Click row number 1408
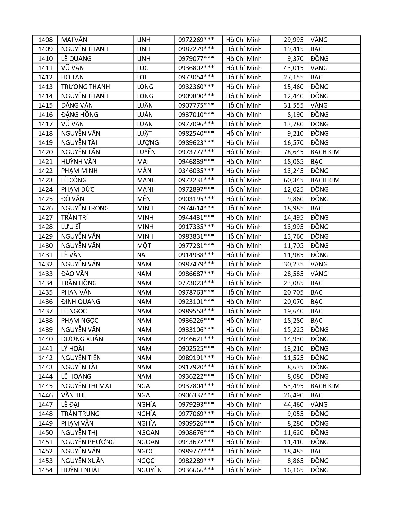pos(45,40)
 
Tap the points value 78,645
pos(294,152)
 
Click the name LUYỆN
pos(146,152)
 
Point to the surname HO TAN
pos(72,77)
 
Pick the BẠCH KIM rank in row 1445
pos(325,386)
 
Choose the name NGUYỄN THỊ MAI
pos(86,386)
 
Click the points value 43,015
pos(294,68)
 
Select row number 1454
pos(45,470)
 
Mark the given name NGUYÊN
pos(149,470)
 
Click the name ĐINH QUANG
pos(80,302)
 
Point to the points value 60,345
pos(294,180)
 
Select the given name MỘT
pos(144,246)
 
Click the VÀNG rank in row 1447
pos(319,405)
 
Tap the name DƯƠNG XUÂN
pos(82,339)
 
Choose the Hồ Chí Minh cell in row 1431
pos(244,255)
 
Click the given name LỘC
pos(142,68)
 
